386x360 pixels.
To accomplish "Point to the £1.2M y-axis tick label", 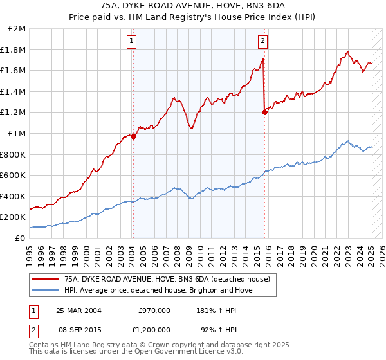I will (x=15, y=113).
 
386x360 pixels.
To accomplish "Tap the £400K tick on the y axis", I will (x=15, y=196).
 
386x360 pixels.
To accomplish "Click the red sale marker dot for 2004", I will (x=133, y=136).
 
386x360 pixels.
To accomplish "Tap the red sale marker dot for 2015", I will (x=264, y=112).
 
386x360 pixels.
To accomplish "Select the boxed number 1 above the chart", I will (x=131, y=42).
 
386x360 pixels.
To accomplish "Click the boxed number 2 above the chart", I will (x=263, y=42).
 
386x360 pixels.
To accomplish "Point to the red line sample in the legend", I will (x=45, y=279).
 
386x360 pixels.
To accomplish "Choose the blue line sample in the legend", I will (x=45, y=290).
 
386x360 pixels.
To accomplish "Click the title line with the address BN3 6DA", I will (x=193, y=6).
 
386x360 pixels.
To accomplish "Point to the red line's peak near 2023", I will (x=347, y=51).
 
